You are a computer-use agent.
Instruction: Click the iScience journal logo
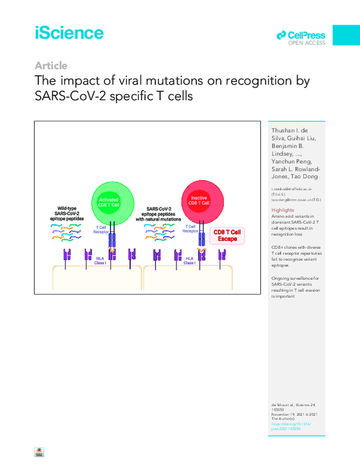(68, 33)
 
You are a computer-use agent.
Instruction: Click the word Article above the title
(51, 66)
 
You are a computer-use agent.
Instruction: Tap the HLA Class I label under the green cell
(104, 261)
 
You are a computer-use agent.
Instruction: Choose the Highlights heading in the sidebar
(283, 210)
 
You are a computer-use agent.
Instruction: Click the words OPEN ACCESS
(307, 43)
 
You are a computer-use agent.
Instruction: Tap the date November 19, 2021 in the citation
(291, 415)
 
